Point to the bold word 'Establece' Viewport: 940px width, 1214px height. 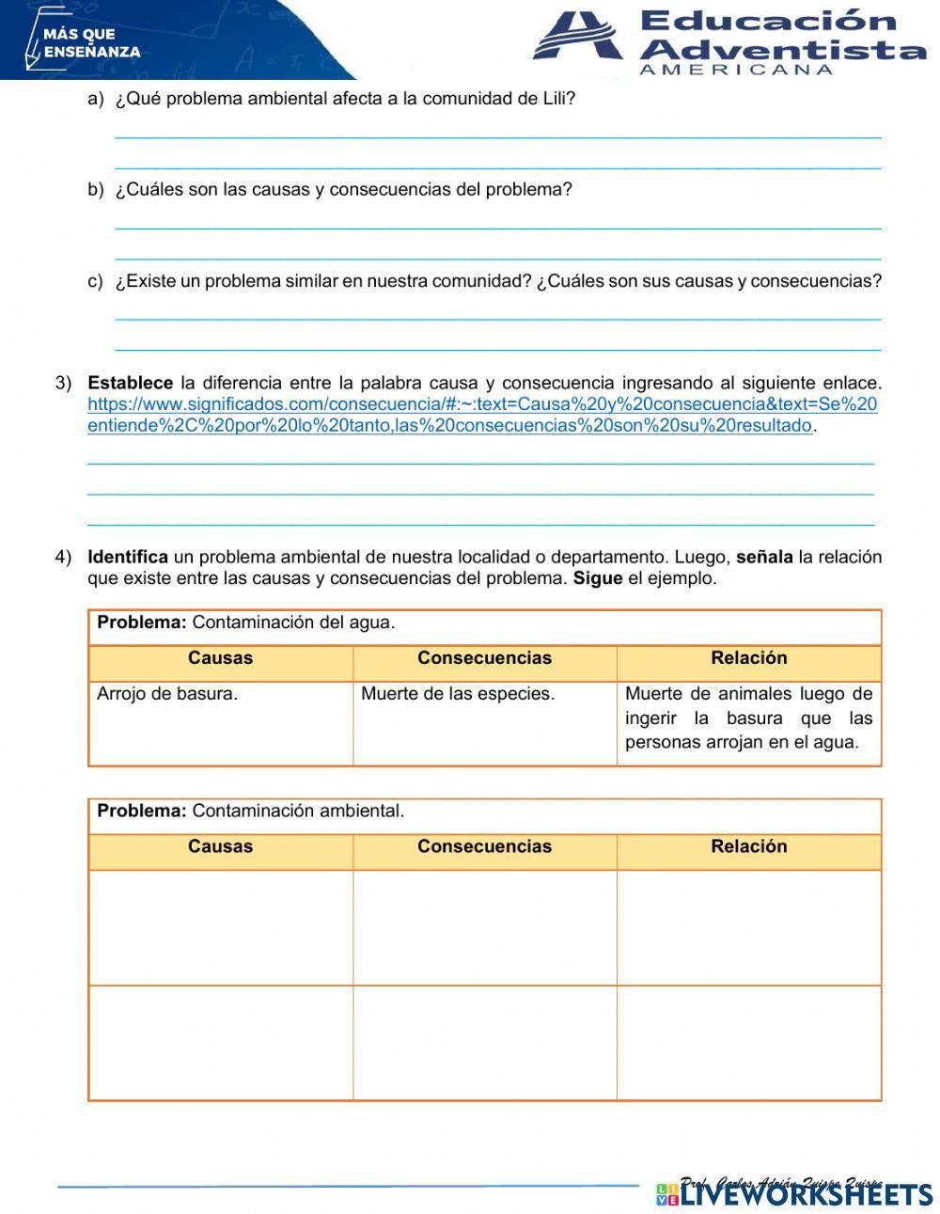click(x=130, y=383)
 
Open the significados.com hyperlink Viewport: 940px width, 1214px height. click(x=481, y=415)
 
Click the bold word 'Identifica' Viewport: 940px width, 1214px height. click(x=127, y=557)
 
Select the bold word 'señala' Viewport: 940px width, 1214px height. click(x=763, y=557)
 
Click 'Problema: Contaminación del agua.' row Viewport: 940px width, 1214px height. click(x=484, y=623)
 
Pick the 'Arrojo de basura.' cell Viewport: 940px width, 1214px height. click(x=220, y=722)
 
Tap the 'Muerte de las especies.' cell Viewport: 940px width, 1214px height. click(x=484, y=722)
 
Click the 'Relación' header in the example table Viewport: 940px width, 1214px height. click(x=748, y=658)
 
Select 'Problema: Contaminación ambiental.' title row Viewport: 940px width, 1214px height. click(x=484, y=812)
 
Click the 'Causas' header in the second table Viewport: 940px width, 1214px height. click(x=220, y=846)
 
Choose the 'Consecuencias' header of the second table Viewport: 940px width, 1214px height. click(x=484, y=846)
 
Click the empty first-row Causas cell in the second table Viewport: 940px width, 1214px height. click(x=220, y=927)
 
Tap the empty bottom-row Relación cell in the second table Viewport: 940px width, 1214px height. click(x=748, y=1042)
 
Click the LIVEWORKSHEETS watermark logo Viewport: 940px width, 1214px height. click(x=794, y=1194)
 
